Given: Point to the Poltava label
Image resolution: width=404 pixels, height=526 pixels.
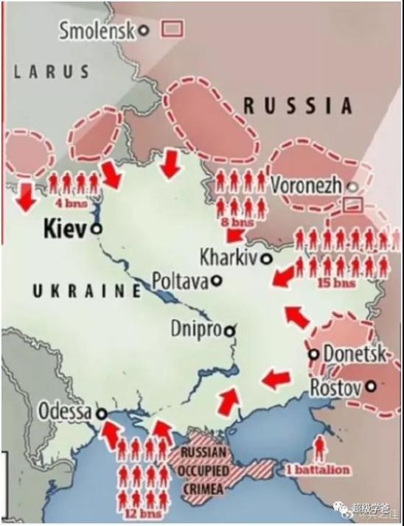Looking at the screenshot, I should pyautogui.click(x=180, y=281).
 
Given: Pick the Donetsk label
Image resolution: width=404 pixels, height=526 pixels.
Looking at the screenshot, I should pyautogui.click(x=354, y=354).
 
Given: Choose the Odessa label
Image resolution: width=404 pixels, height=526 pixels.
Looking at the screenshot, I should pyautogui.click(x=64, y=411).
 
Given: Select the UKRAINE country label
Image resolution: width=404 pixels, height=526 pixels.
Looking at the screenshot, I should pyautogui.click(x=86, y=291).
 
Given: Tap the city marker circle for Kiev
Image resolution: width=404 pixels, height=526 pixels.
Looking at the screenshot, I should pyautogui.click(x=96, y=229).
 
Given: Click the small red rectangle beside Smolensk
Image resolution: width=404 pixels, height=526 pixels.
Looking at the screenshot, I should pyautogui.click(x=173, y=29).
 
